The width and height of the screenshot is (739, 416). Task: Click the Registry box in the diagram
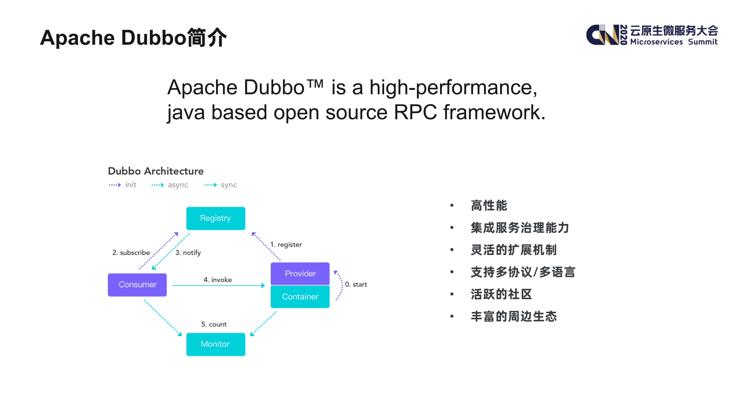pyautogui.click(x=215, y=218)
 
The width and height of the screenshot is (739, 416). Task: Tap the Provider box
pyautogui.click(x=300, y=273)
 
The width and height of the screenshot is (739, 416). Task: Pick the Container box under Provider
pyautogui.click(x=300, y=297)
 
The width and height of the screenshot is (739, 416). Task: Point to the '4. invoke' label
pyautogui.click(x=218, y=280)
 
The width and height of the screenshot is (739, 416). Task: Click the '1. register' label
pyautogui.click(x=286, y=245)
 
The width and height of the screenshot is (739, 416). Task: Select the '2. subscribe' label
pyautogui.click(x=131, y=253)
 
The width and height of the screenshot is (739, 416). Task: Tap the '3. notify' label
pyautogui.click(x=188, y=253)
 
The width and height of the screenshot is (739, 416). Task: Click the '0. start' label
pyautogui.click(x=356, y=285)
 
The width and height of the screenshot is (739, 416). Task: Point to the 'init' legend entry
pyautogui.click(x=131, y=185)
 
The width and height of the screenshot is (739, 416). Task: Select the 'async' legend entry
pyautogui.click(x=178, y=185)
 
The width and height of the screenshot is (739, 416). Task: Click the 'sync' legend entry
pyautogui.click(x=229, y=185)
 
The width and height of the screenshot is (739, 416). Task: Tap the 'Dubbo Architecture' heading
pyautogui.click(x=156, y=171)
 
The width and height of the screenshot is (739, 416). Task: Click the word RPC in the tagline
pyautogui.click(x=415, y=112)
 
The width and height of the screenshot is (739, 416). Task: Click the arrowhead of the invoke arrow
pyautogui.click(x=263, y=285)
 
